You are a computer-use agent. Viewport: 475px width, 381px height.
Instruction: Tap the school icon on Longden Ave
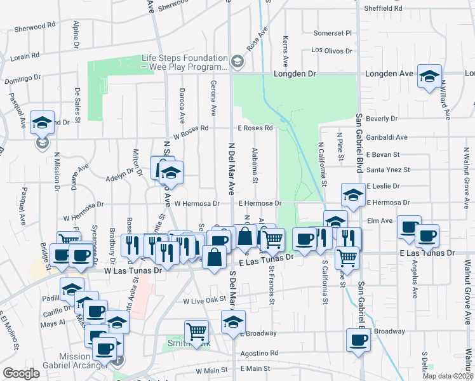coord(429,75)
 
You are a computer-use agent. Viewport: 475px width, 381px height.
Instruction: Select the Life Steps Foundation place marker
coord(237,61)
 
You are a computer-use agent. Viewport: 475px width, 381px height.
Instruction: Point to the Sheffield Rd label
coord(383,8)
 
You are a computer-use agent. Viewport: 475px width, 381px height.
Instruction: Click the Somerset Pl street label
coord(332,33)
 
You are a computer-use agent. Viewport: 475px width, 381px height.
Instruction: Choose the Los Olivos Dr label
coord(331,50)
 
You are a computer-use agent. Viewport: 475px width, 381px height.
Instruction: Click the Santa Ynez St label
coord(388,170)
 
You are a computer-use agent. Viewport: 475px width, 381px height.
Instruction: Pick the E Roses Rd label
coord(255,128)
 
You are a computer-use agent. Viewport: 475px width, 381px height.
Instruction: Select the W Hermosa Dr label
coord(197,204)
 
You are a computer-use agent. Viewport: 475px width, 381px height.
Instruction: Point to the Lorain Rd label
coord(25,57)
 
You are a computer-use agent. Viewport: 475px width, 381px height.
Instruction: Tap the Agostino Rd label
coord(259,352)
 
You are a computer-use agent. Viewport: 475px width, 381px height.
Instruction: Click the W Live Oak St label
coord(205,300)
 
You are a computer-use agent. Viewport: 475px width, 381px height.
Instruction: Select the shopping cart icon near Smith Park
coord(196,331)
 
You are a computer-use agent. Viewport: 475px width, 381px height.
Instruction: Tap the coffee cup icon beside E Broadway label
coord(358,339)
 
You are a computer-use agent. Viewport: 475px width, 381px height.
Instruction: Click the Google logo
coord(21,373)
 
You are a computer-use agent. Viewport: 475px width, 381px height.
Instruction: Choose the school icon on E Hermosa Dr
coord(353,195)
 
